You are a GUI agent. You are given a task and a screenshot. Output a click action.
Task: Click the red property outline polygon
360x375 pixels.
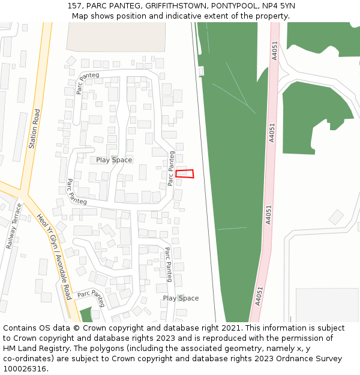tap(185, 174)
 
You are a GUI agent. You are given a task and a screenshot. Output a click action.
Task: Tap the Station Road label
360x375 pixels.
tap(34, 128)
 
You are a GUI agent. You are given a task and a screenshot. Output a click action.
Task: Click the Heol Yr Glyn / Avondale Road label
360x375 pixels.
tap(54, 256)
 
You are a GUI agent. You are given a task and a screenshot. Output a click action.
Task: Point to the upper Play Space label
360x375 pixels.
tap(114, 160)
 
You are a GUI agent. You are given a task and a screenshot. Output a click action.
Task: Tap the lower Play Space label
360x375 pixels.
tap(181, 298)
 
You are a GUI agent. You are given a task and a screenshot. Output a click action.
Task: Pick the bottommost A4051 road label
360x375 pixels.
tap(259, 295)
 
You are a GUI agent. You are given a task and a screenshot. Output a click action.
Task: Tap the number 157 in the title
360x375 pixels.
tap(74, 6)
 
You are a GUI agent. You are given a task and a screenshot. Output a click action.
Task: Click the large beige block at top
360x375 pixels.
tap(116, 37)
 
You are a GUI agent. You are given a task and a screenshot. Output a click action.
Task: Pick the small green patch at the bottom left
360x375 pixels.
tap(86, 314)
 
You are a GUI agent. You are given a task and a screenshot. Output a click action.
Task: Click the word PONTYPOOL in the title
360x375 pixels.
tap(230, 6)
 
